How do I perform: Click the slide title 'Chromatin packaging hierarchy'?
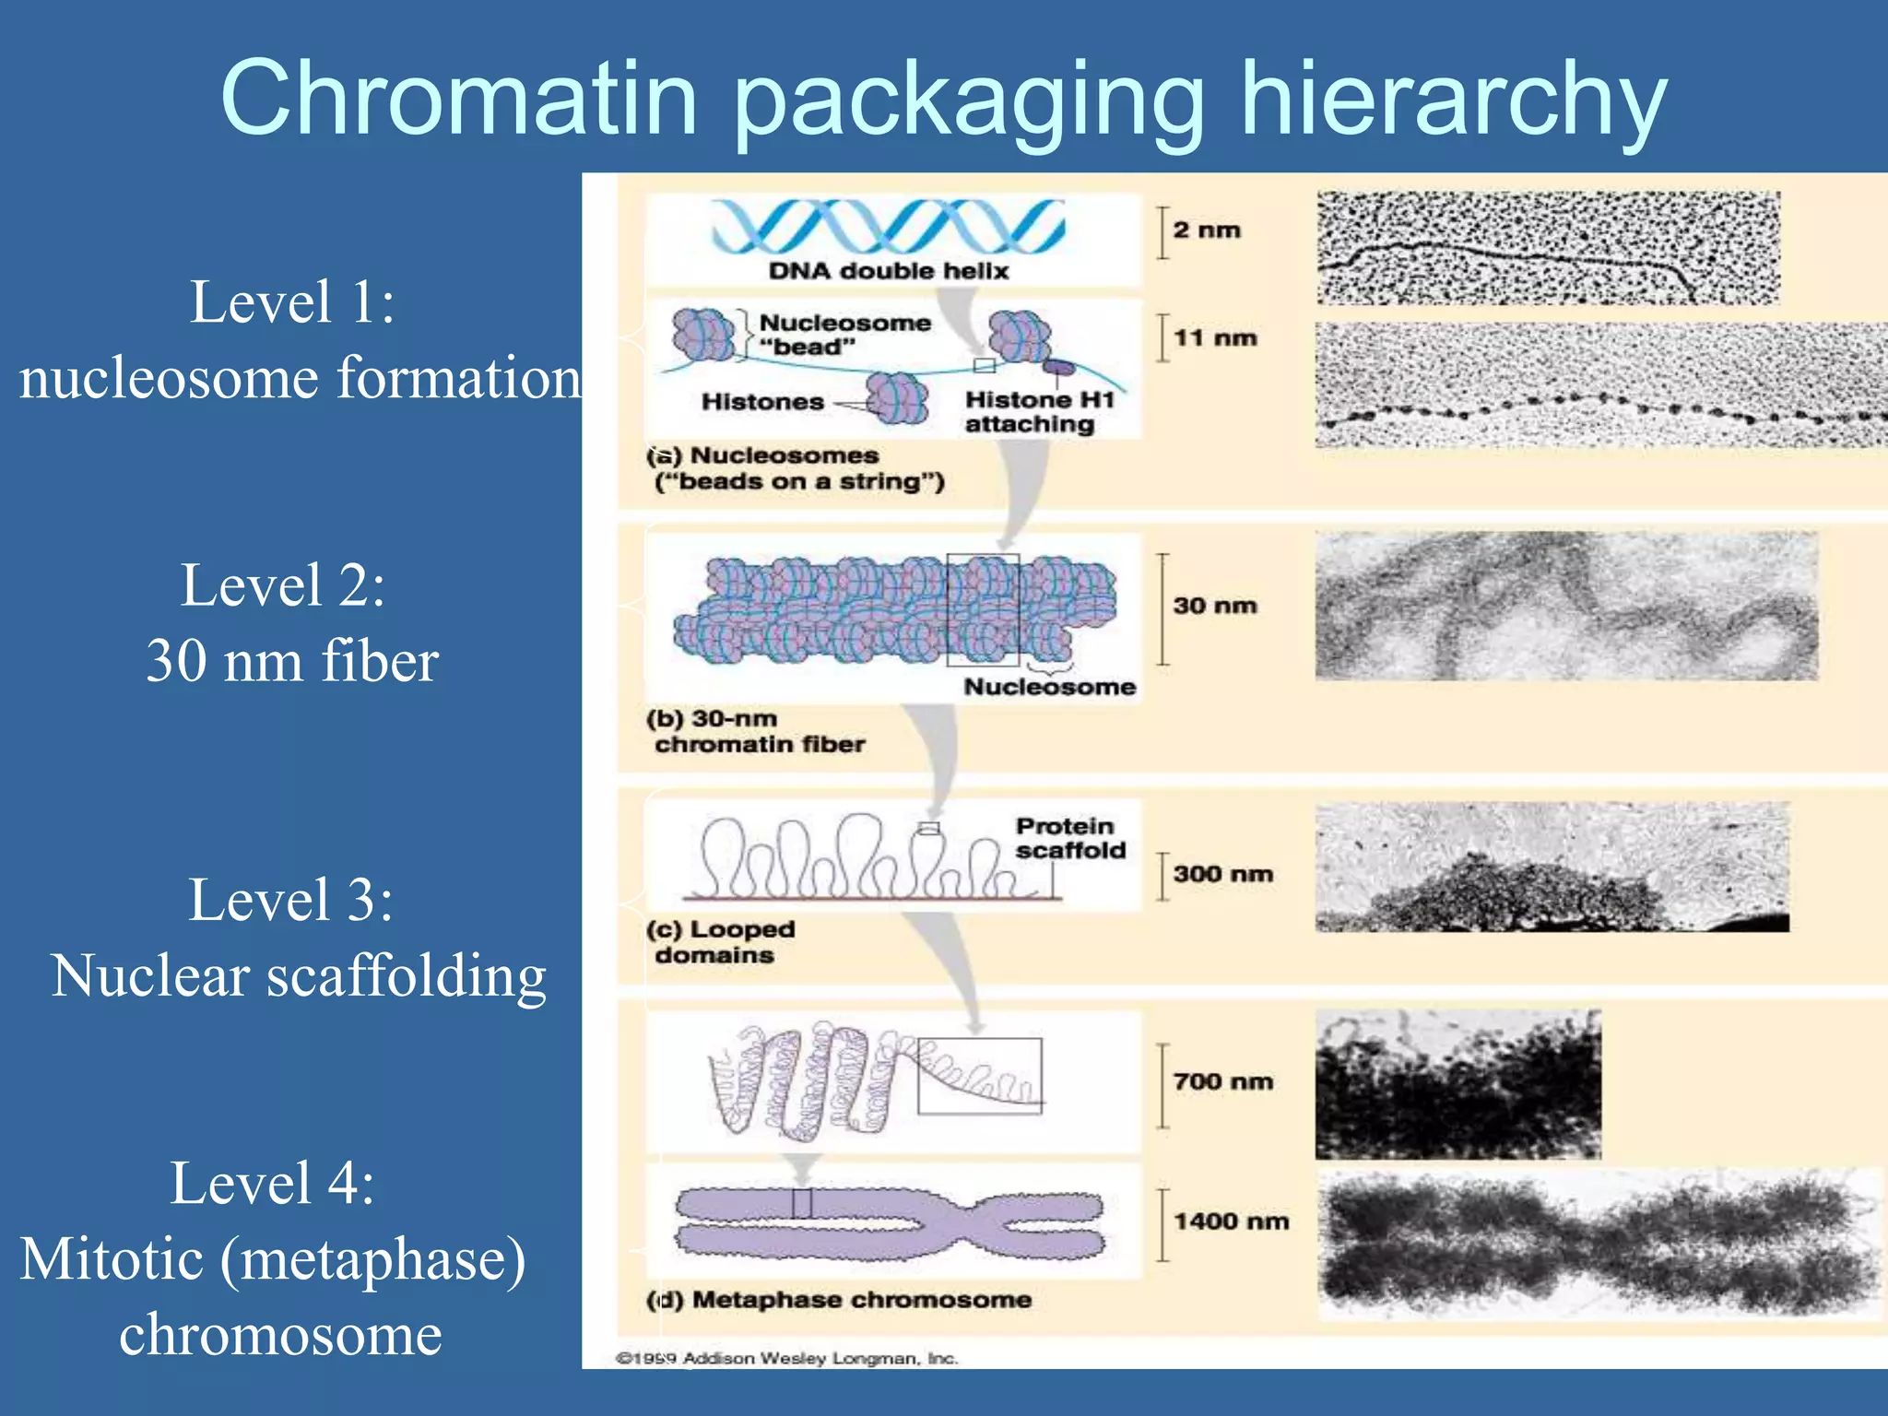[x=943, y=99]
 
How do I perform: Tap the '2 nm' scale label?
[x=1207, y=230]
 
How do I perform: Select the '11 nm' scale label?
[x=1215, y=338]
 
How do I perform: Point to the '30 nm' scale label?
[x=1215, y=606]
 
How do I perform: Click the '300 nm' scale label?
[x=1222, y=874]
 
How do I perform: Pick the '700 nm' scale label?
[x=1222, y=1081]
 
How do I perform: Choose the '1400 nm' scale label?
[x=1231, y=1221]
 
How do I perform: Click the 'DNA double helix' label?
[x=889, y=271]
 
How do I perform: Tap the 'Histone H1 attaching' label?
[x=1039, y=412]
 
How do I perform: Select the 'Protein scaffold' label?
[x=1069, y=838]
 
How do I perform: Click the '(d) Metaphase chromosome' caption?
[x=839, y=1300]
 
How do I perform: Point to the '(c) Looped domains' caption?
[x=720, y=942]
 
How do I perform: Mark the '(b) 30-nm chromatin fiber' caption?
[x=755, y=731]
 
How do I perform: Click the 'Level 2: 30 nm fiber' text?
[x=290, y=623]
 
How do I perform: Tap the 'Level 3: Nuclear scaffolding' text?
[x=297, y=938]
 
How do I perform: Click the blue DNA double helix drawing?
[x=888, y=227]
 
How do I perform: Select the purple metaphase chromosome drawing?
[x=890, y=1222]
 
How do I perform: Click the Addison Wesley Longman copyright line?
[x=786, y=1358]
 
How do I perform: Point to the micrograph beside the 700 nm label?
[x=1457, y=1084]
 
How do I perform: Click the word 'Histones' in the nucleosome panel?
[x=762, y=402]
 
